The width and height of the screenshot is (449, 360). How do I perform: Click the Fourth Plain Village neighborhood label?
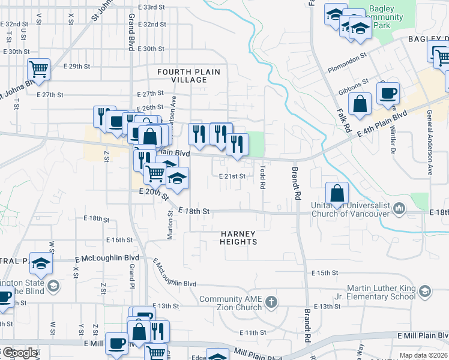pyautogui.click(x=188, y=76)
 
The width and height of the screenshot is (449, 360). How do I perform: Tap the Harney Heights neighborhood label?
pyautogui.click(x=238, y=238)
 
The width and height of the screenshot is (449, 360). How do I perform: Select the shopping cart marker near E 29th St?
pyautogui.click(x=38, y=69)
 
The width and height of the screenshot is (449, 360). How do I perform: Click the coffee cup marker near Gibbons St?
pyautogui.click(x=388, y=93)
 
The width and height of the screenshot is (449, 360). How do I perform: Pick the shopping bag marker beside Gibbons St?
pyautogui.click(x=359, y=103)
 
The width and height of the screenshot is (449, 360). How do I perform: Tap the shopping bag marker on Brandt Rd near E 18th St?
pyautogui.click(x=337, y=193)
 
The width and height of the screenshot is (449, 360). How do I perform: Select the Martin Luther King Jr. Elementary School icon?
pyautogui.click(x=425, y=292)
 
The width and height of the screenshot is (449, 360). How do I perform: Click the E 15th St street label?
pyautogui.click(x=325, y=273)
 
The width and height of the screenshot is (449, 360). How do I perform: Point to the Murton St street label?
pyautogui.click(x=170, y=226)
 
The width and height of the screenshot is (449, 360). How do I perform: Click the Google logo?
pyautogui.click(x=19, y=353)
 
